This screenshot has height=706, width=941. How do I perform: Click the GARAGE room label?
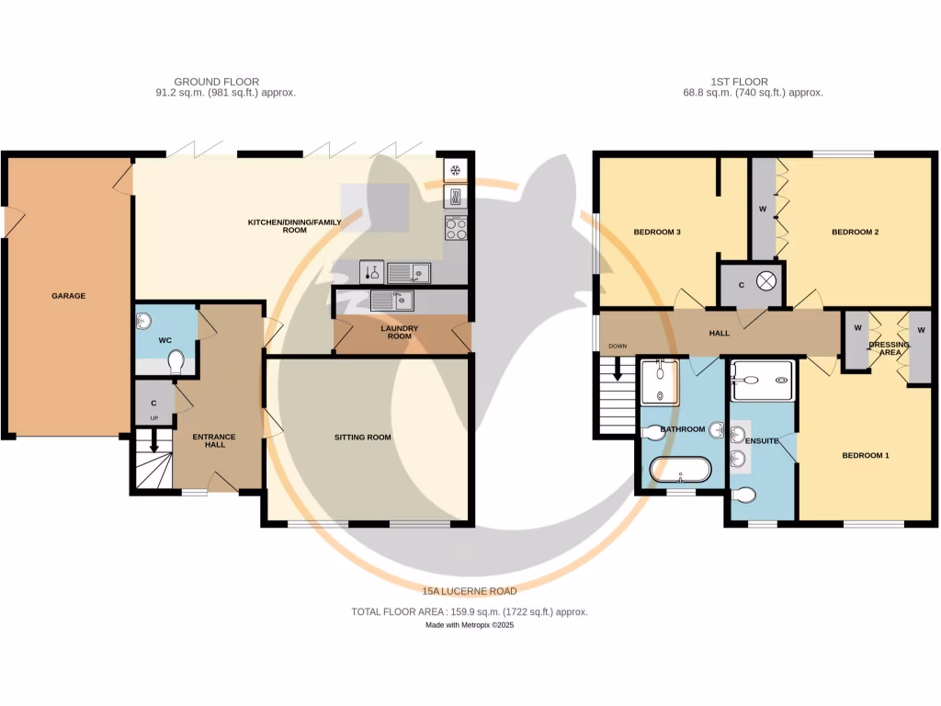tap(68, 296)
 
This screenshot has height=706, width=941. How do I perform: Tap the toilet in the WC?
tap(176, 363)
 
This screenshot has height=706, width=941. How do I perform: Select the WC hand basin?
tap(142, 319)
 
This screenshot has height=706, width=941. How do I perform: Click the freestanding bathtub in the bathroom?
tap(680, 470)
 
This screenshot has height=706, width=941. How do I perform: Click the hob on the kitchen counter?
tap(457, 228)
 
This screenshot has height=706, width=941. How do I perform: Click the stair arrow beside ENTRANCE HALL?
tap(154, 444)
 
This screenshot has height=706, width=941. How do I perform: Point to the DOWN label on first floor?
tap(617, 347)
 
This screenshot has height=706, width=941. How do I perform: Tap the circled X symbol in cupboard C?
tap(767, 283)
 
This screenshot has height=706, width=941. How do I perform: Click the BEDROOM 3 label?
tap(656, 233)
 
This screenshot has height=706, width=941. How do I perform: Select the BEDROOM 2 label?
tap(855, 233)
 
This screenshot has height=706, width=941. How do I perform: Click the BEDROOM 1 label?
tap(866, 456)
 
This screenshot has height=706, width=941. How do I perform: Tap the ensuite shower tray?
tap(762, 380)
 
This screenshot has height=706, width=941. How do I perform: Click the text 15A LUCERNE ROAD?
tap(469, 591)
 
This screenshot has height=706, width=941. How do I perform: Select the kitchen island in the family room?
tap(375, 207)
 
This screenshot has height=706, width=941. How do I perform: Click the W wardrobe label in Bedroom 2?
tap(763, 210)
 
